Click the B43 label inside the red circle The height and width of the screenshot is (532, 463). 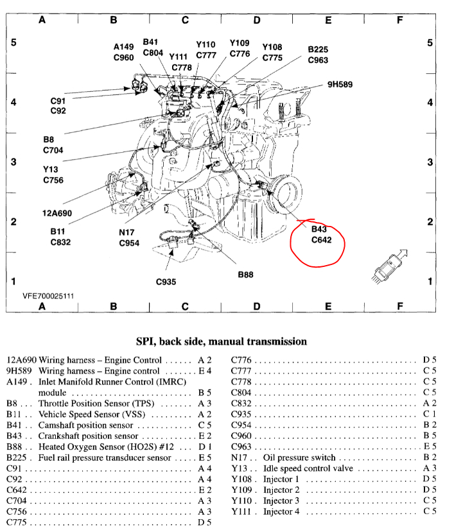click(x=319, y=229)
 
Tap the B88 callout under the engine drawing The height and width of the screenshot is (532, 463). click(x=245, y=274)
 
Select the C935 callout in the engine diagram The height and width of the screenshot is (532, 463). click(x=167, y=281)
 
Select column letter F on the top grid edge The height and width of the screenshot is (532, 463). click(x=399, y=19)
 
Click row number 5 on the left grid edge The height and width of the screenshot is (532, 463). click(x=13, y=43)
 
